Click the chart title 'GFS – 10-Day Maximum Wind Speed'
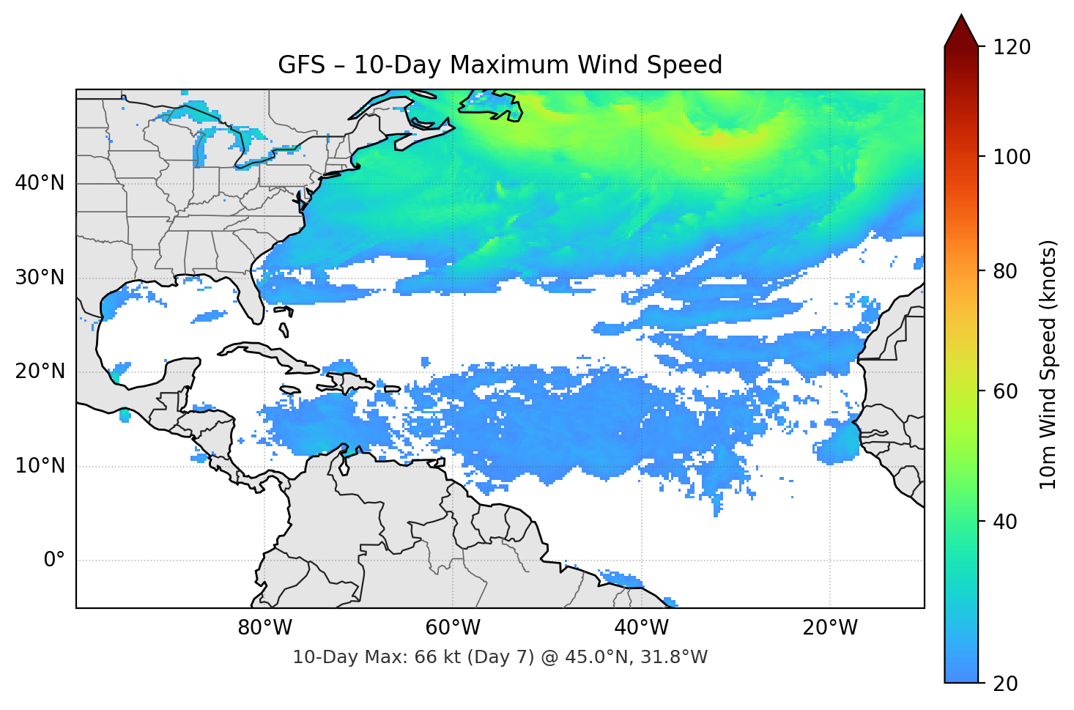tap(500, 65)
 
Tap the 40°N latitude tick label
tap(40, 183)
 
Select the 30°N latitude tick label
tap(40, 278)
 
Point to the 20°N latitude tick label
tap(40, 371)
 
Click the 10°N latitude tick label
tap(40, 466)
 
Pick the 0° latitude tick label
tap(54, 561)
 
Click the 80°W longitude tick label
tap(264, 628)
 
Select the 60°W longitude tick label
tap(453, 628)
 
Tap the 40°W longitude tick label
tap(641, 628)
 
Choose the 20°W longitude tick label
tap(829, 628)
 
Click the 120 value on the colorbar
tap(1011, 48)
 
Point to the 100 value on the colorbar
tap(1011, 157)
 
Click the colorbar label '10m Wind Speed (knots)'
tap(1048, 364)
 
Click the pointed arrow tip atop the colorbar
tap(961, 18)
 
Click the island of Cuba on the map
tap(264, 352)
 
